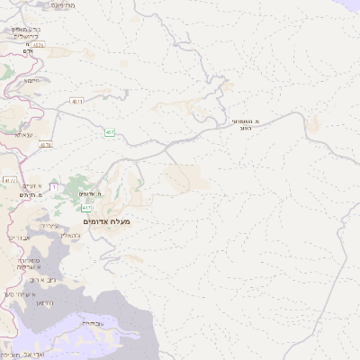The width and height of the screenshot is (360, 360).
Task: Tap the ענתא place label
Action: (24, 133)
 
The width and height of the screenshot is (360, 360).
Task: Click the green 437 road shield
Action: (109, 131)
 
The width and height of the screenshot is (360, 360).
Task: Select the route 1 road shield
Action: (54, 185)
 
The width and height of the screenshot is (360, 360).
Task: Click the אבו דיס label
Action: (17, 238)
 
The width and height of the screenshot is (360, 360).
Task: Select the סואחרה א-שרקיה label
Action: (31, 261)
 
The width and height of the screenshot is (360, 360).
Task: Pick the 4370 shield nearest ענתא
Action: (46, 145)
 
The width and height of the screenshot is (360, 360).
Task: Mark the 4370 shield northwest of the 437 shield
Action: (76, 102)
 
